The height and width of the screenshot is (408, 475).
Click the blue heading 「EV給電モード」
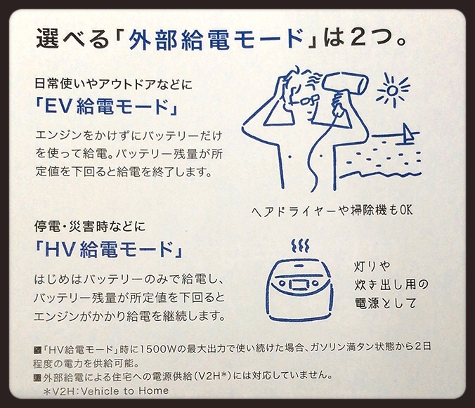pyautogui.click(x=107, y=107)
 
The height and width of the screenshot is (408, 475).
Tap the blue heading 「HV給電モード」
pyautogui.click(x=109, y=249)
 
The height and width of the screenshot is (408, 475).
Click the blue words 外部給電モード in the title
pyautogui.click(x=216, y=39)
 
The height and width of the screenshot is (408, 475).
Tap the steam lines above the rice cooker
pyautogui.click(x=300, y=246)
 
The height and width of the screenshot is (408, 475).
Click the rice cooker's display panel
pyautogui.click(x=299, y=284)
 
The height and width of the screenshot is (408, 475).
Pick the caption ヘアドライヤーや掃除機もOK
pyautogui.click(x=332, y=210)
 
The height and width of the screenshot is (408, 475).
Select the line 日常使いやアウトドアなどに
pyautogui.click(x=113, y=84)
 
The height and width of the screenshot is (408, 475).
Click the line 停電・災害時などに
pyautogui.click(x=90, y=226)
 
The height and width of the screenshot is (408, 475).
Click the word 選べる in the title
pyautogui.click(x=72, y=39)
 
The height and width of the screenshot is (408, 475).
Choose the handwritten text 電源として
pyautogui.click(x=385, y=303)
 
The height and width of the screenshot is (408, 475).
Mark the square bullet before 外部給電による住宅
pyautogui.click(x=37, y=377)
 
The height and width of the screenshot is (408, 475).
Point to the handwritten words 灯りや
pyautogui.click(x=372, y=267)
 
